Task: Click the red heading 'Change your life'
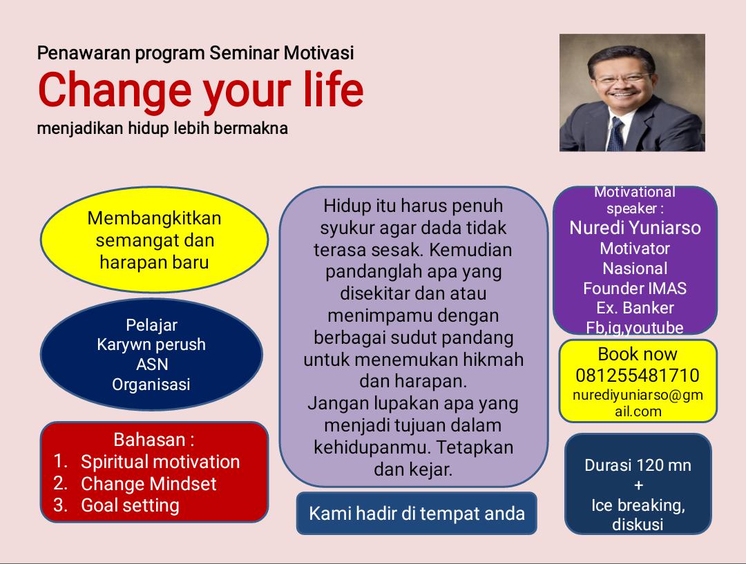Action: (x=200, y=90)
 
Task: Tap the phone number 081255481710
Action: (x=637, y=376)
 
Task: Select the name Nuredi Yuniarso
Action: (x=635, y=228)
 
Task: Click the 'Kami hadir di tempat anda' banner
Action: (x=417, y=514)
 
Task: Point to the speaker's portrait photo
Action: (x=632, y=93)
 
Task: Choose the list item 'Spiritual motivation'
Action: (x=160, y=462)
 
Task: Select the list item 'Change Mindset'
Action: (x=149, y=484)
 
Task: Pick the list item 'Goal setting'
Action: (x=130, y=505)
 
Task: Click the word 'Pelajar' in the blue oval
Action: (x=151, y=325)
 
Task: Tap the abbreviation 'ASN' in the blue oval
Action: (x=151, y=364)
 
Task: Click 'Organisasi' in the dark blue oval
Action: (x=151, y=385)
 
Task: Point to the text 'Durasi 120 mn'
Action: (x=638, y=465)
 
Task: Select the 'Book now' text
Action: (x=637, y=354)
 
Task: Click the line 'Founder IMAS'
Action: (x=635, y=289)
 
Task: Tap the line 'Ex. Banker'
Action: (x=635, y=308)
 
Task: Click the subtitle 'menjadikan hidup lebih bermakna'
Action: (x=162, y=128)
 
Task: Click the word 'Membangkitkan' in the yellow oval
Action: (x=154, y=218)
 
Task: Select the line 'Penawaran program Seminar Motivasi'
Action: (x=195, y=53)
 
